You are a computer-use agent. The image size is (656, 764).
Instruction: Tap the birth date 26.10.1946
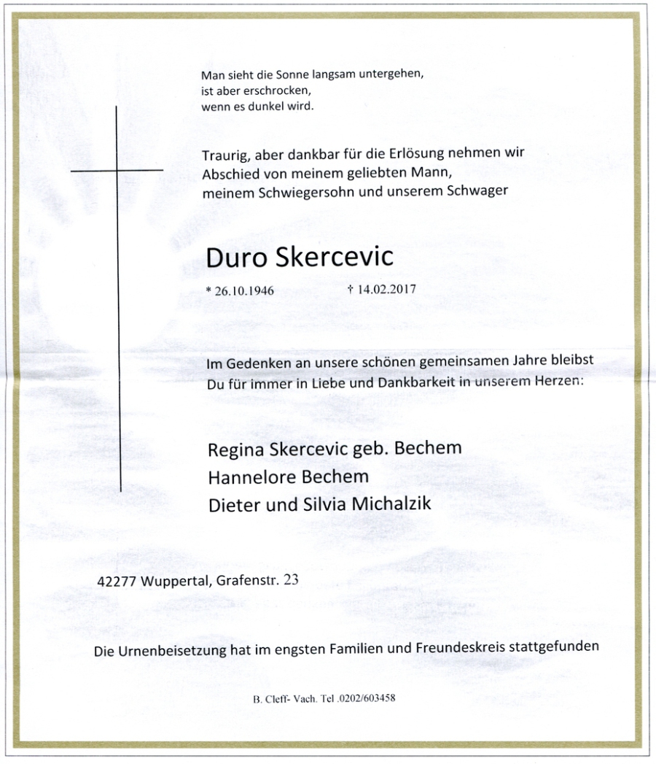click(244, 290)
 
